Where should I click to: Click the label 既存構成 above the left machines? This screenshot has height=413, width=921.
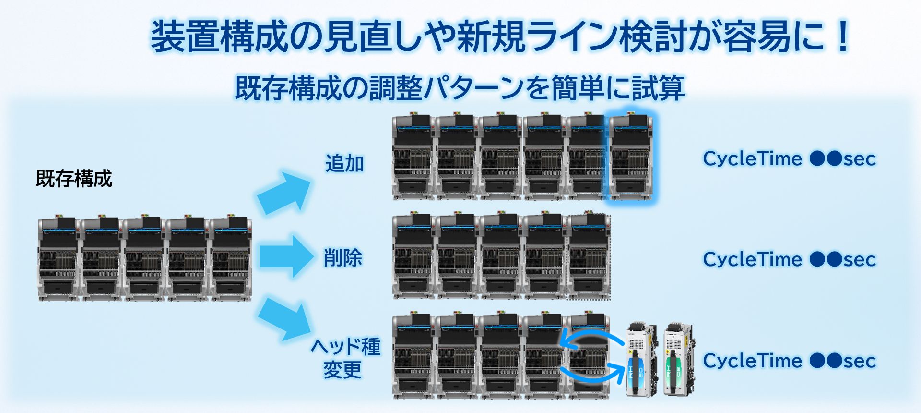pyautogui.click(x=74, y=179)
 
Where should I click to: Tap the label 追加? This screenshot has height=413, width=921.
pyautogui.click(x=344, y=164)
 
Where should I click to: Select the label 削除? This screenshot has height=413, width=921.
pyautogui.click(x=342, y=258)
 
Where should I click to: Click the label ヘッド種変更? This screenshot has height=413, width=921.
pyautogui.click(x=345, y=358)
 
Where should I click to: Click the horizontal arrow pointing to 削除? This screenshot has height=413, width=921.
pyautogui.click(x=285, y=256)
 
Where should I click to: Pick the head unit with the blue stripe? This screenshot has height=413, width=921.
pyautogui.click(x=641, y=360)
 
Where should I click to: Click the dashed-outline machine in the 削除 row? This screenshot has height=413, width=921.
pyautogui.click(x=589, y=256)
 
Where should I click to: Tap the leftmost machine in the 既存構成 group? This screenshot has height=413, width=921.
pyautogui.click(x=58, y=259)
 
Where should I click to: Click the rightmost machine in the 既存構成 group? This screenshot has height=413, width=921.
pyautogui.click(x=231, y=259)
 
